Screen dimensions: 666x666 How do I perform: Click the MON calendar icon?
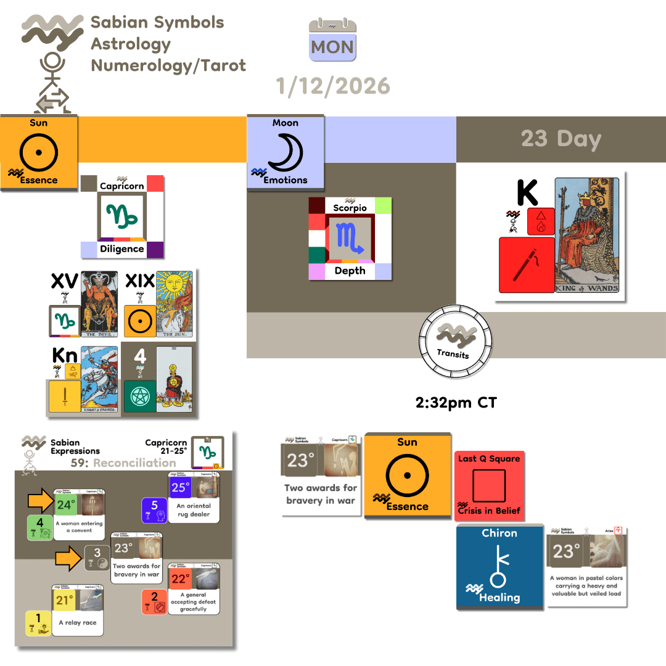click(x=333, y=40)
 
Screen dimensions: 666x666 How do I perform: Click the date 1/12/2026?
click(x=333, y=86)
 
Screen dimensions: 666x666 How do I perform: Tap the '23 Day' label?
click(x=561, y=139)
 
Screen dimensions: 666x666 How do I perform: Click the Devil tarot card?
click(x=99, y=305)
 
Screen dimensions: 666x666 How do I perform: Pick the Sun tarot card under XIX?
click(x=174, y=305)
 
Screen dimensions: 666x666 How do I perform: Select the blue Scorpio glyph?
click(x=350, y=239)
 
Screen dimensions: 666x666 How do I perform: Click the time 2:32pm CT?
click(x=456, y=403)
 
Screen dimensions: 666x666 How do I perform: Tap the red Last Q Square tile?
click(x=488, y=485)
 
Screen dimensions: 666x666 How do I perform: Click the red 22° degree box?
click(x=180, y=578)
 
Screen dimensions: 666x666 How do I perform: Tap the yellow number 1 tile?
click(x=38, y=623)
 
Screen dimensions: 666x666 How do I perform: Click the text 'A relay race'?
click(x=78, y=622)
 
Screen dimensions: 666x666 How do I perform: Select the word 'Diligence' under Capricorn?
click(x=121, y=249)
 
